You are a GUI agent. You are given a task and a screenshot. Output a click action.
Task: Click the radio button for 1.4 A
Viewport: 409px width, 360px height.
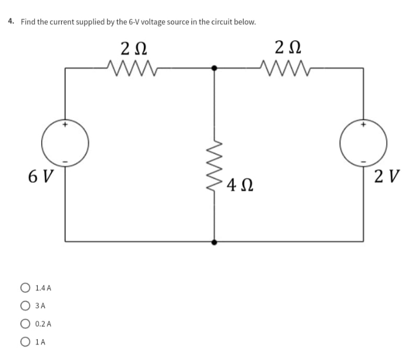click(25, 287)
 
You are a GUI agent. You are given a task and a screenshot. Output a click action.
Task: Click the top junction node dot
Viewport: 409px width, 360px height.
click(213, 67)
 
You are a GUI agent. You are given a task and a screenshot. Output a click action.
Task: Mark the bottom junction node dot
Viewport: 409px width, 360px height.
click(213, 242)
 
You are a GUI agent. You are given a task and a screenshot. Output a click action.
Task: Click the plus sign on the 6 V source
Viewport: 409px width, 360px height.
click(65, 125)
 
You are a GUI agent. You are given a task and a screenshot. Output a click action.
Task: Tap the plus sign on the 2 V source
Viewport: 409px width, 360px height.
click(363, 125)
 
